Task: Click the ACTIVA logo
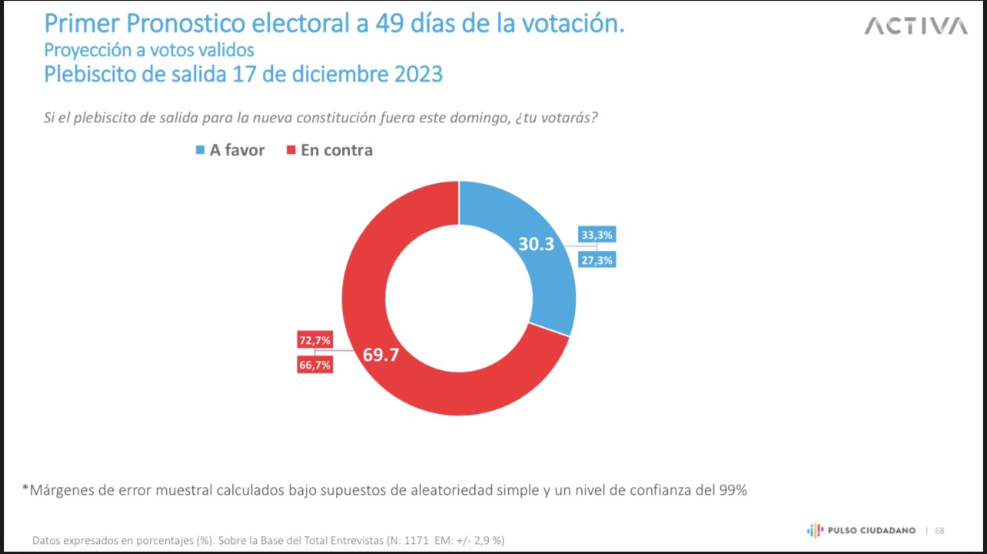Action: click(916, 26)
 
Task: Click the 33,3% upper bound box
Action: click(597, 235)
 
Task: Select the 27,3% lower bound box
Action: click(597, 260)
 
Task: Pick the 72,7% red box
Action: click(314, 339)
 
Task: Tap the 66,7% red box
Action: click(314, 365)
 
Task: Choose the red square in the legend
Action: click(291, 151)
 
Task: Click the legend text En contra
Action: click(337, 151)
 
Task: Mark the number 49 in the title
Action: click(392, 25)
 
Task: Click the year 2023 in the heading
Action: click(416, 75)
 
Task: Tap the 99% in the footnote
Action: click(729, 489)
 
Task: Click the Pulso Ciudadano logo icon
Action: click(814, 530)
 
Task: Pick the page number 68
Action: click(940, 530)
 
